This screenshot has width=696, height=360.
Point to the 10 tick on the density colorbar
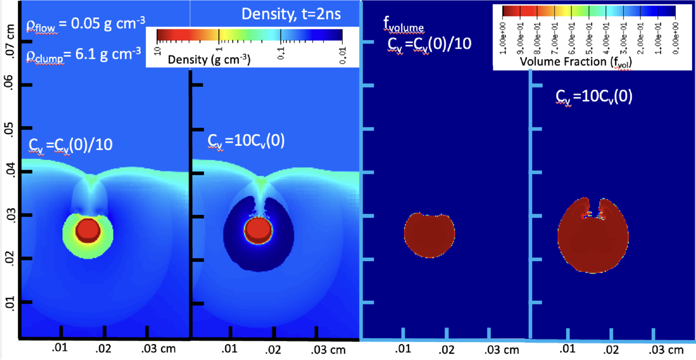click(158, 48)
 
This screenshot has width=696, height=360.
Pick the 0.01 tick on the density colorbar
click(342, 48)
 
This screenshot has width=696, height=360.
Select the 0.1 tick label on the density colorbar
click(281, 48)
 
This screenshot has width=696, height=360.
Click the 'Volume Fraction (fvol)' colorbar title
click(579, 61)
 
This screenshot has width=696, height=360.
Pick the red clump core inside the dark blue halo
click(258, 231)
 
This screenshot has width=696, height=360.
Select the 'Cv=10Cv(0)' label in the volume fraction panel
click(593, 97)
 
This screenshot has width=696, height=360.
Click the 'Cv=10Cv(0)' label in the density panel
click(247, 140)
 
